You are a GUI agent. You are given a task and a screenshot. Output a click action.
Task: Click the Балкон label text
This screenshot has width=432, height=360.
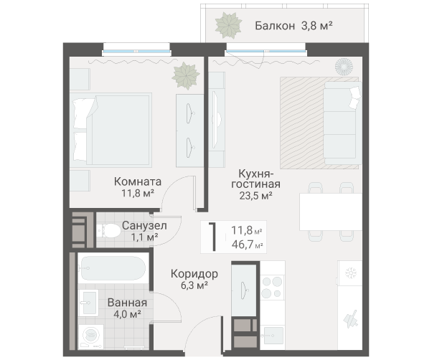tap(274, 26)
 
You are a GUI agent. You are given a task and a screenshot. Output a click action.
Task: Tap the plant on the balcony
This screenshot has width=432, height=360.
tap(228, 25)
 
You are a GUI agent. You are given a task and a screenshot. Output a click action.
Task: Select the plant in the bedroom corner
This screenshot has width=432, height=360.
tap(186, 76)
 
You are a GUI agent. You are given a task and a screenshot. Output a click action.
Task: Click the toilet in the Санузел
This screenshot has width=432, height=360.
tap(108, 231)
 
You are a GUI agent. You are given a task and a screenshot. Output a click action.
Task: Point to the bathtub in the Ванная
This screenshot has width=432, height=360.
tap(112, 268)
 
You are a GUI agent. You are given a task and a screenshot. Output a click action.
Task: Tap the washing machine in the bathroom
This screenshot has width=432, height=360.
tap(91, 337)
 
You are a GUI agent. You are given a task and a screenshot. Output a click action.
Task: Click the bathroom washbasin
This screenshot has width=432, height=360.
tap(89, 303)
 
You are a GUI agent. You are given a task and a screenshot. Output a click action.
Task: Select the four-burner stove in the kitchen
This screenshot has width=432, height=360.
tap(272, 288)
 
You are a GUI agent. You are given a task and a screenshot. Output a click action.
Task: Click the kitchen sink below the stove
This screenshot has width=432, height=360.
tap(272, 335)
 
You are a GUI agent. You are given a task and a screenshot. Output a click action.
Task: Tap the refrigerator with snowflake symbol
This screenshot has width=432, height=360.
tap(350, 273)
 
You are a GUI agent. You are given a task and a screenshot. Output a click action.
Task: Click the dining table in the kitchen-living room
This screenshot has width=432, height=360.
tap(331, 212)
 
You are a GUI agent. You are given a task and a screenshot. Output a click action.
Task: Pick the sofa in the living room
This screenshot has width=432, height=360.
tap(342, 123)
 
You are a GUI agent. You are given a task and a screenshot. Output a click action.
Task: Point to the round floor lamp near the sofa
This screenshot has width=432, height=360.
tap(344, 67)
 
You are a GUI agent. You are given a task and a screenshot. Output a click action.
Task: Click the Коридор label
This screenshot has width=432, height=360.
tap(194, 274)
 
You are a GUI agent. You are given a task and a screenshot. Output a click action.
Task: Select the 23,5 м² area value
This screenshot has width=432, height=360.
tap(256, 196)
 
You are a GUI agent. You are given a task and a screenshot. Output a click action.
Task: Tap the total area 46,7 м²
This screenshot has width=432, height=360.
tap(247, 244)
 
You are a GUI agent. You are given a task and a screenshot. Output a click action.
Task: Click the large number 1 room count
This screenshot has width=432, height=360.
tap(213, 237)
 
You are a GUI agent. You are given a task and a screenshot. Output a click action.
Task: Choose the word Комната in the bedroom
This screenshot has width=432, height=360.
tap(138, 181)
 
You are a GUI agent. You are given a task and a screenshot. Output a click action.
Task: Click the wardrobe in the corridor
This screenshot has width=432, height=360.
tap(244, 290)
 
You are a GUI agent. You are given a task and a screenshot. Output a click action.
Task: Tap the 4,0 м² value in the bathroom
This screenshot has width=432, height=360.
tap(127, 313)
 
